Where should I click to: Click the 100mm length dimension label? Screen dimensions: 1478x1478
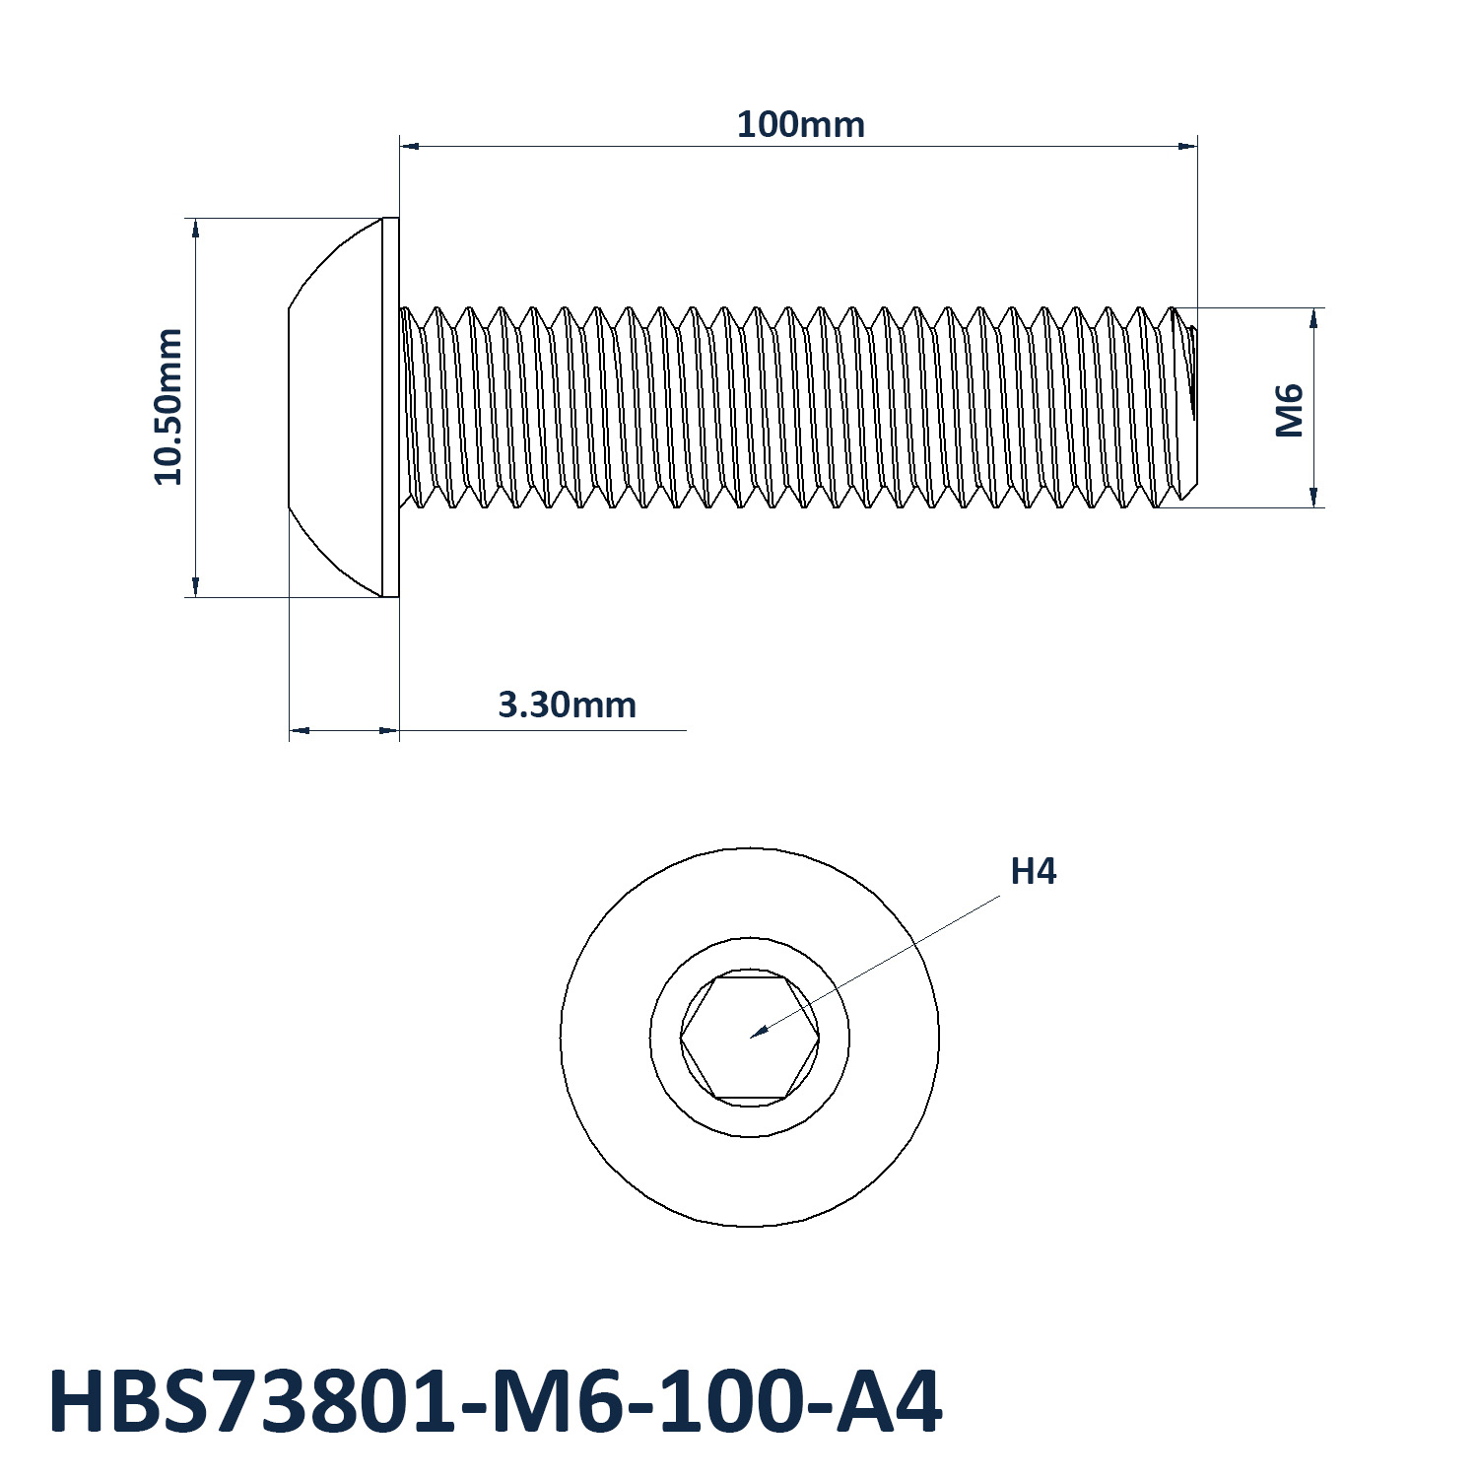point(801,125)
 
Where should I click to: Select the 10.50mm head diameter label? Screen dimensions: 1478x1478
point(168,407)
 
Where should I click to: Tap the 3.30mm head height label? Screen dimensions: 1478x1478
point(567,705)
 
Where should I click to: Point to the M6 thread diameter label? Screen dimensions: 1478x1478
point(1290,410)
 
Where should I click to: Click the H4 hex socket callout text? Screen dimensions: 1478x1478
point(1034,872)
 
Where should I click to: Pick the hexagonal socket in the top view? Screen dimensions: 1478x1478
point(750,1038)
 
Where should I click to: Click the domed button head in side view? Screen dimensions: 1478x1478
point(335,407)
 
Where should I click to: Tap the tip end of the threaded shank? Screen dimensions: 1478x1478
point(1193,407)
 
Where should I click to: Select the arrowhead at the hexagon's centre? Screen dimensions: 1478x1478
point(758,1032)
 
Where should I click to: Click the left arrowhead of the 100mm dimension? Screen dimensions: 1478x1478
point(409,146)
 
